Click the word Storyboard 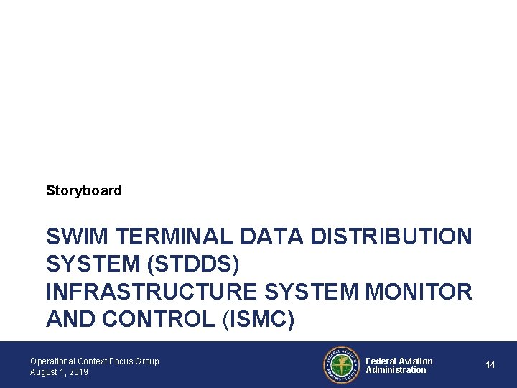(84, 190)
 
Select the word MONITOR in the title (419, 292)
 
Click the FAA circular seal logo (342, 365)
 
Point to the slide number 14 (490, 365)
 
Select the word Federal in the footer (381, 361)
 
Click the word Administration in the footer (396, 370)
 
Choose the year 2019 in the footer (78, 372)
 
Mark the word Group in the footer (147, 361)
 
